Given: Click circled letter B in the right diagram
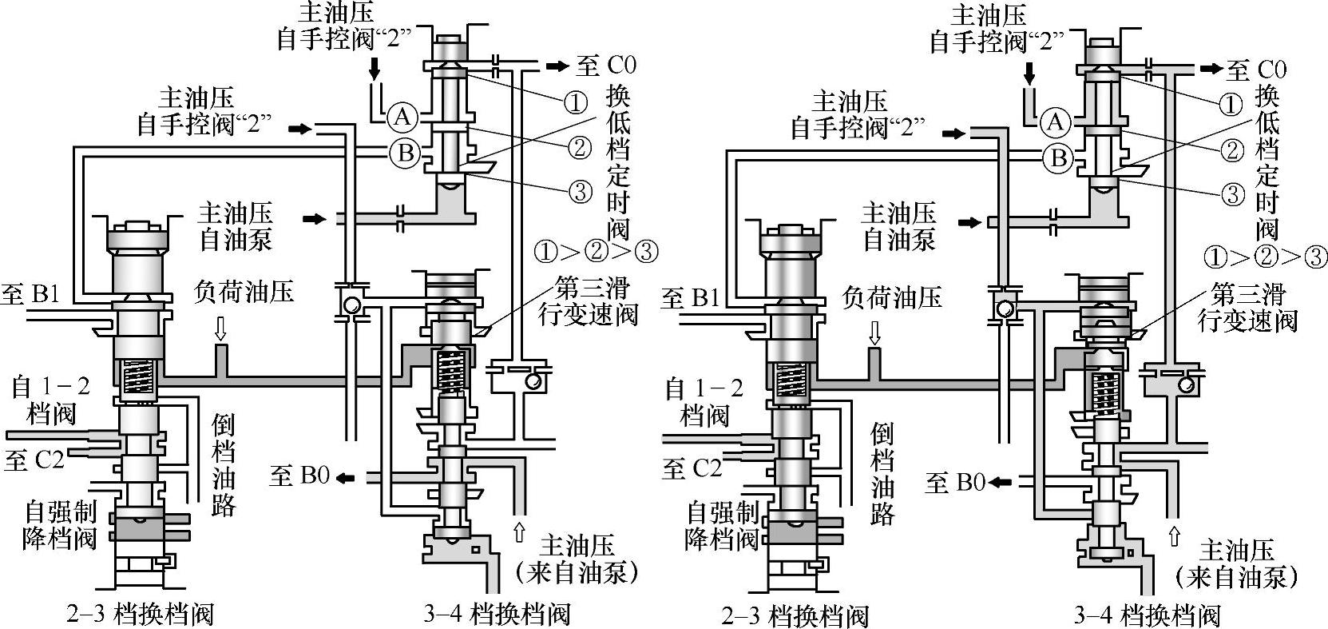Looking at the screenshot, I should [1058, 157].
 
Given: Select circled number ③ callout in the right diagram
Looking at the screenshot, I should [1234, 193].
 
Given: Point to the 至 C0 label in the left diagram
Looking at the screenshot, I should [608, 66].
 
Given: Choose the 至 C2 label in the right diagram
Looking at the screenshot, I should [691, 468].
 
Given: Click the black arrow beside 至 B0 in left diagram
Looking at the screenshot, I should [345, 477].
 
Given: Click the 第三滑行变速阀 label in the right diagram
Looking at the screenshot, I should [1247, 306].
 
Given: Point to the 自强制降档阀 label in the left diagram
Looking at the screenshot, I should [60, 524].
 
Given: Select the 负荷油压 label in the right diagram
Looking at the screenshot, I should [891, 297].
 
